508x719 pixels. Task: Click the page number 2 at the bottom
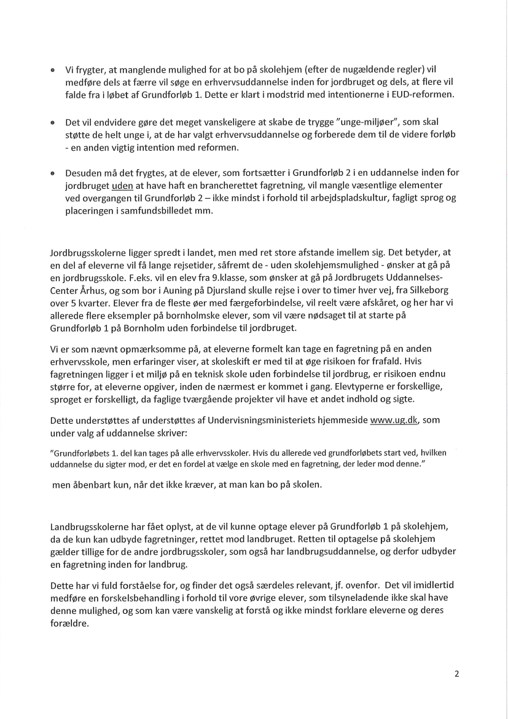tap(456, 673)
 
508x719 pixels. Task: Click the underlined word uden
tap(122, 184)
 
